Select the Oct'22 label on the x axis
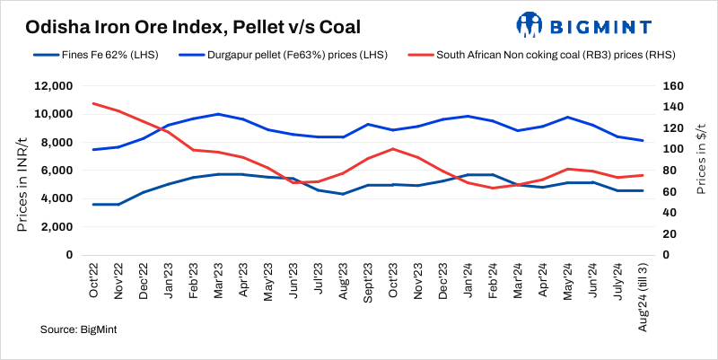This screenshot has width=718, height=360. [x=94, y=283]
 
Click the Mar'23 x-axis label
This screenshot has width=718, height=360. [x=219, y=283]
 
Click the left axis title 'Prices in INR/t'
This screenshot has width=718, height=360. [x=22, y=171]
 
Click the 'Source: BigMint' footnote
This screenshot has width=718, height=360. [x=79, y=330]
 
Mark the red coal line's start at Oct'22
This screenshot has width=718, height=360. [x=94, y=103]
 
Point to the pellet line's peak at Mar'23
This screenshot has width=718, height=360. [x=219, y=114]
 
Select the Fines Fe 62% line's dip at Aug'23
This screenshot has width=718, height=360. [x=343, y=194]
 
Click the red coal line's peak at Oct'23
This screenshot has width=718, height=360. [x=392, y=149]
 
